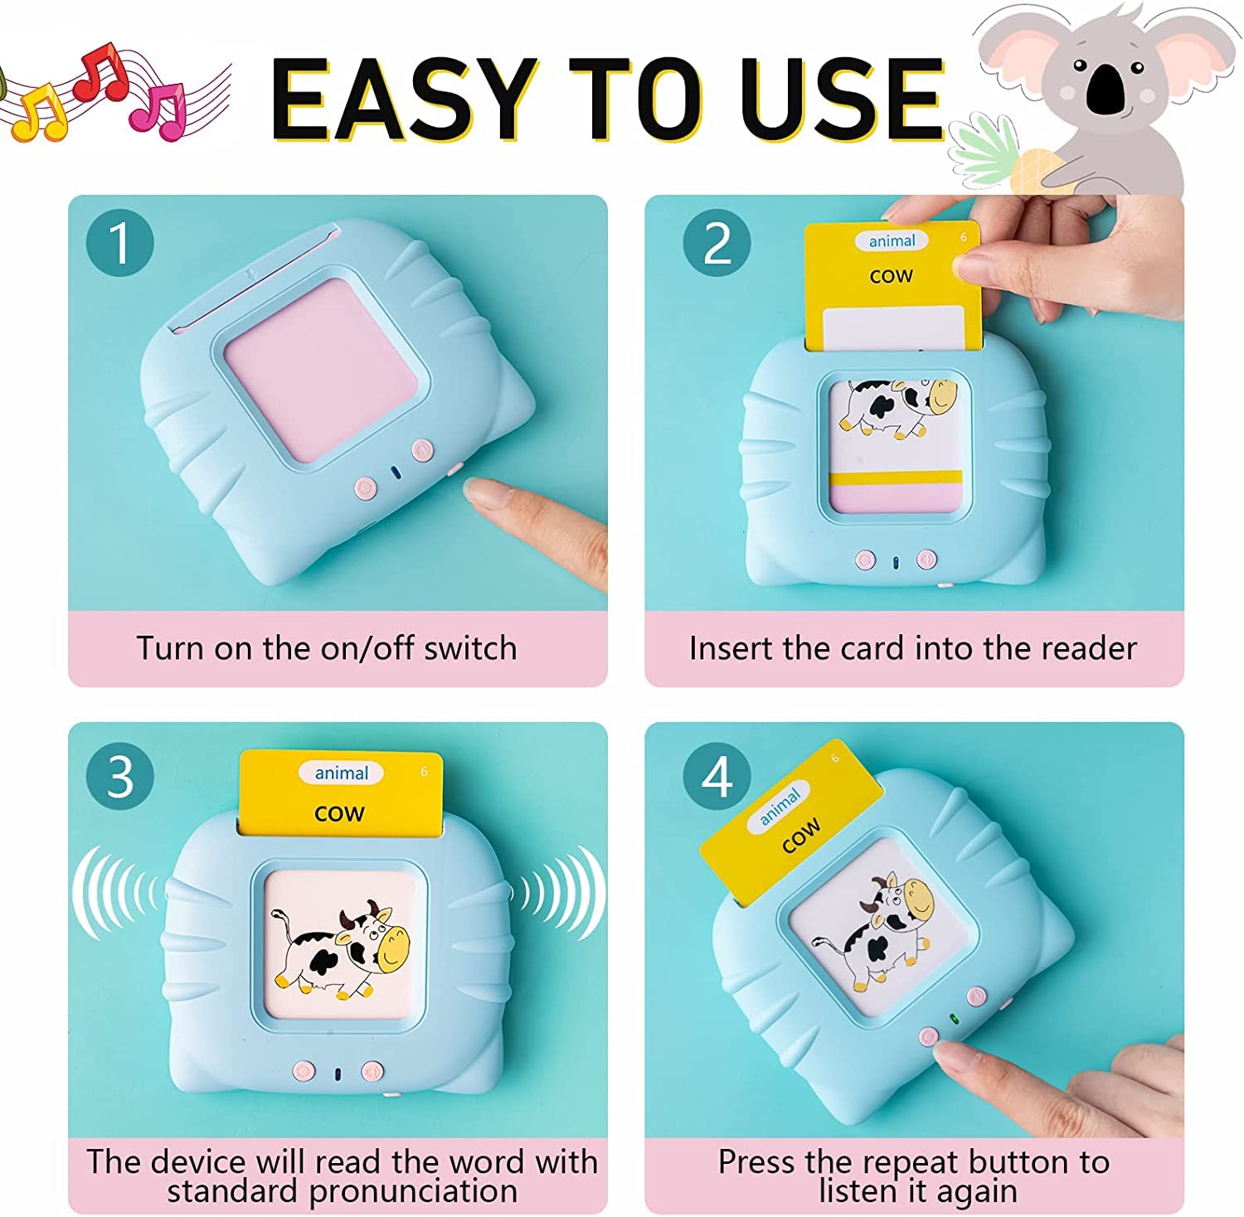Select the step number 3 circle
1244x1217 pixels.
[120, 777]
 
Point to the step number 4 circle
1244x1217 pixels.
[717, 777]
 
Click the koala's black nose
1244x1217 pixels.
[1106, 89]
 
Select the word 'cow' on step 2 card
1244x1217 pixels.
[891, 276]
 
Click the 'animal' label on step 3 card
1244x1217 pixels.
[341, 773]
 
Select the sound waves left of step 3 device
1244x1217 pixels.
[116, 893]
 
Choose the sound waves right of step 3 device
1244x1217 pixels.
[558, 893]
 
